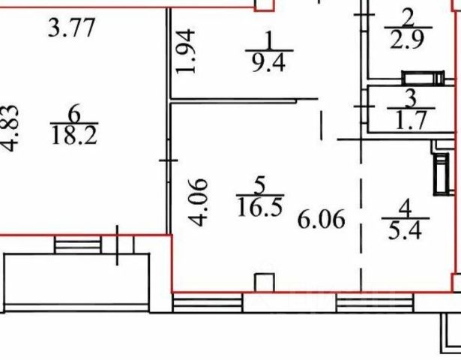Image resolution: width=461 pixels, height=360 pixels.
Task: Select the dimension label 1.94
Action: [x=187, y=51]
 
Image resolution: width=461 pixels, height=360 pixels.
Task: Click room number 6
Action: [x=73, y=112]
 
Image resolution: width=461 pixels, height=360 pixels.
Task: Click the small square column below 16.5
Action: [x=263, y=282]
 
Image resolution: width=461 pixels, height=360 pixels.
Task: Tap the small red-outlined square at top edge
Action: [x=263, y=5]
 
